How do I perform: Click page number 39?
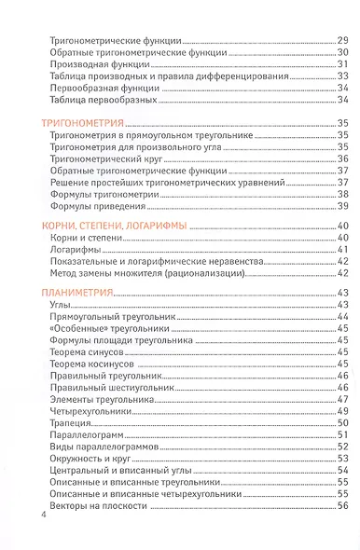pos(342,206)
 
